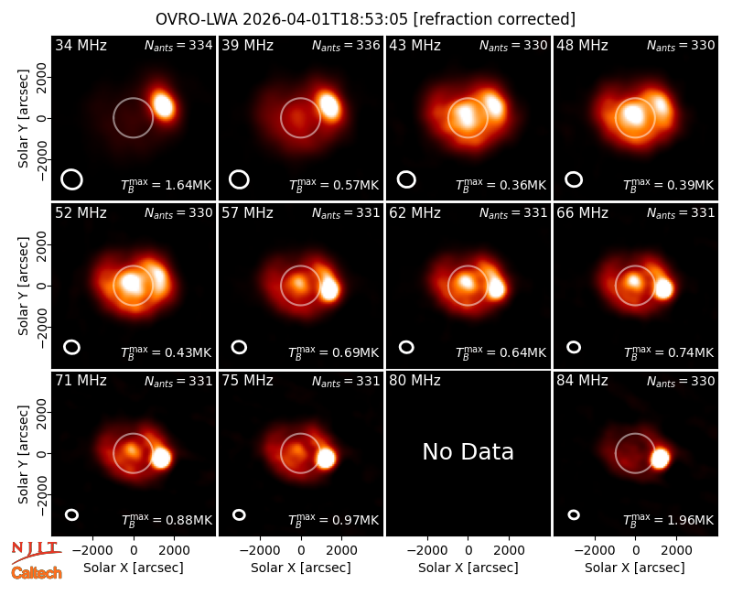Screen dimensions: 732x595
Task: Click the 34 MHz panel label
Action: point(81,45)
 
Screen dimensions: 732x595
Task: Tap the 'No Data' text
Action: point(468,451)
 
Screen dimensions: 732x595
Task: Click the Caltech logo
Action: point(37,573)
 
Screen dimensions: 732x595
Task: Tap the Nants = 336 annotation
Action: point(346,45)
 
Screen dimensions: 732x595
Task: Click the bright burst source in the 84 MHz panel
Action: point(660,459)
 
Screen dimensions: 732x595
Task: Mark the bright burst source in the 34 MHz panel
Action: point(164,105)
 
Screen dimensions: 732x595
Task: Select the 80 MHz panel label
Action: point(414,381)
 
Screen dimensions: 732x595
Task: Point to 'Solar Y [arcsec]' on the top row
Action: point(23,119)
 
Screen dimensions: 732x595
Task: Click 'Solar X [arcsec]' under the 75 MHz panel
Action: point(301,568)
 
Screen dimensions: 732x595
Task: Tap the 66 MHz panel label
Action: point(582,213)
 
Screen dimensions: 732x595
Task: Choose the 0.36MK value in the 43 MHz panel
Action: point(522,185)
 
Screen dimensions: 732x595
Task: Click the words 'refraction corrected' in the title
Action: point(494,19)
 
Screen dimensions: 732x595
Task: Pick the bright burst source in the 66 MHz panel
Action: point(662,288)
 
